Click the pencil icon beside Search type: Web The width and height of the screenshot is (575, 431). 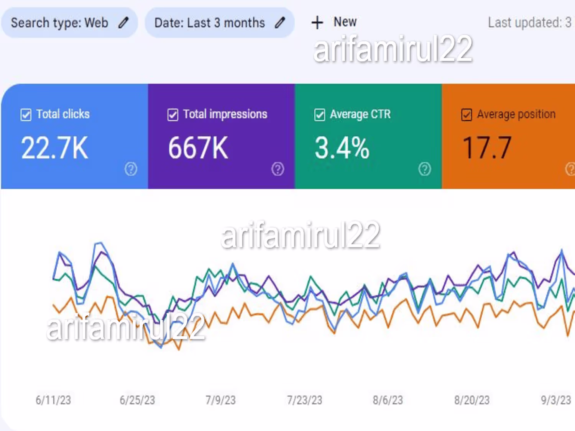(x=123, y=23)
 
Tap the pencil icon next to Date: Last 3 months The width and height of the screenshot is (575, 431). (x=280, y=23)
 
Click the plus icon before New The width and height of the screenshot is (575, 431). (x=317, y=23)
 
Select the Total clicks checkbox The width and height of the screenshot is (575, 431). (x=26, y=115)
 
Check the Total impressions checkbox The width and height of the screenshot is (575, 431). (x=173, y=115)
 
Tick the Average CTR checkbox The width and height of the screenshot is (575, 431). (x=320, y=115)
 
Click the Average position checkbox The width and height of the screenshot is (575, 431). (x=467, y=115)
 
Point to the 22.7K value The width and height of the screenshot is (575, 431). (x=54, y=148)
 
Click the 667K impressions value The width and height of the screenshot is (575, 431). (x=198, y=148)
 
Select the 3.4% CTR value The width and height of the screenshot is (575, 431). (x=342, y=148)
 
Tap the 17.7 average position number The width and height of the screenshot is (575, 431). (x=487, y=148)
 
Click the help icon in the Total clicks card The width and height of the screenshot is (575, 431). (x=131, y=169)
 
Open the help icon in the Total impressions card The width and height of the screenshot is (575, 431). (x=278, y=169)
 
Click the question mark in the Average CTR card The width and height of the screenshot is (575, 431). (x=424, y=169)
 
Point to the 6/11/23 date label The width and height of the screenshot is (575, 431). (x=53, y=400)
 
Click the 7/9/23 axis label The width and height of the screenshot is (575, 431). (x=220, y=400)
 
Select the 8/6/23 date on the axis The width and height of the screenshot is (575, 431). (x=388, y=400)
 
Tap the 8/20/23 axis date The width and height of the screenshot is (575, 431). (x=472, y=400)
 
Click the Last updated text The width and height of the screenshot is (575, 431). (x=529, y=23)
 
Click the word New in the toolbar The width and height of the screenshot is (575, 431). (x=345, y=22)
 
